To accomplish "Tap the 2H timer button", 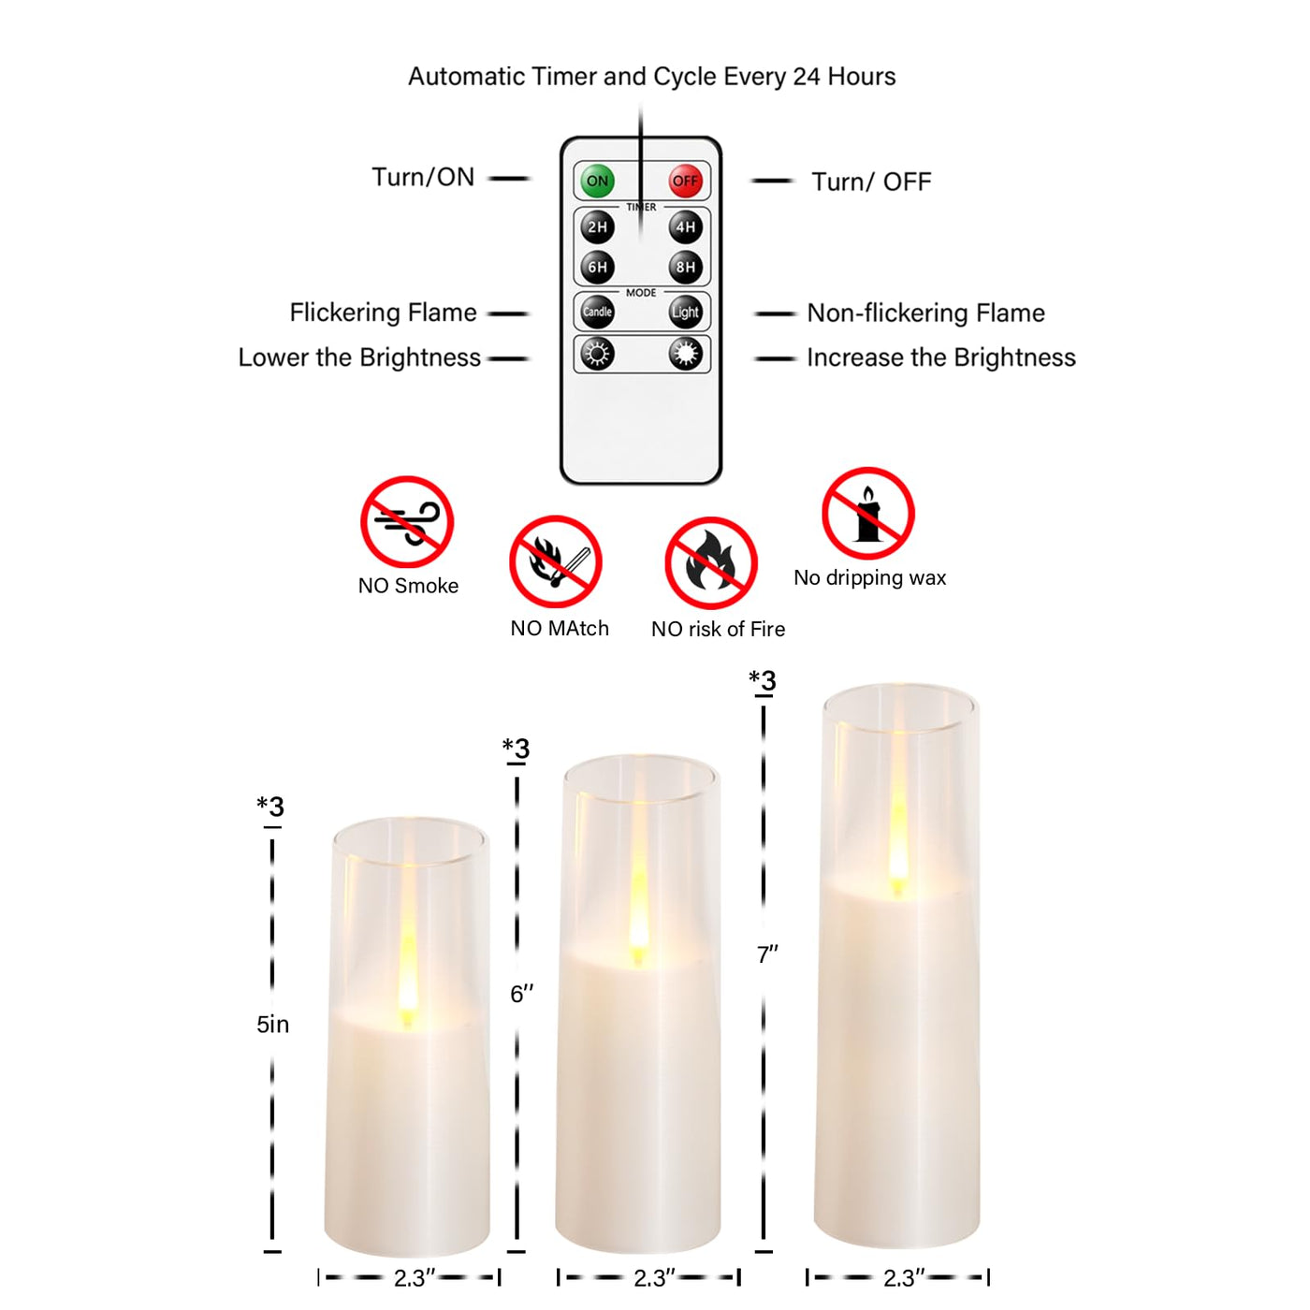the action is point(597,227).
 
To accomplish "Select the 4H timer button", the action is point(685,227).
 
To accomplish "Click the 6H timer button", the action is point(597,268).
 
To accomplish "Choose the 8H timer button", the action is point(685,268).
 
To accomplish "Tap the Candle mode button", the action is point(597,312).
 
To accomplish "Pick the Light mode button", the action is point(685,312).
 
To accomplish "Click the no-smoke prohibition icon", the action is point(406,521).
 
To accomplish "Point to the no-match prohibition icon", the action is point(556,561).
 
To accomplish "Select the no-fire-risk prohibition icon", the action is point(711,563).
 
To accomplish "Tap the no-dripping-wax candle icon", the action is point(868,514).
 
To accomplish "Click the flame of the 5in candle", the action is point(407,979).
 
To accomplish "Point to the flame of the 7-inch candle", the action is point(898,843).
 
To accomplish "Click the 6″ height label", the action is point(521,994).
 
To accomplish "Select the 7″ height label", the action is point(767,954).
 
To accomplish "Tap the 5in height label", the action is point(272,1024).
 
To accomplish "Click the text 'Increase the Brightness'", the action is point(941,357).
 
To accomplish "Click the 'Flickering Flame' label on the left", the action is point(384,312).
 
